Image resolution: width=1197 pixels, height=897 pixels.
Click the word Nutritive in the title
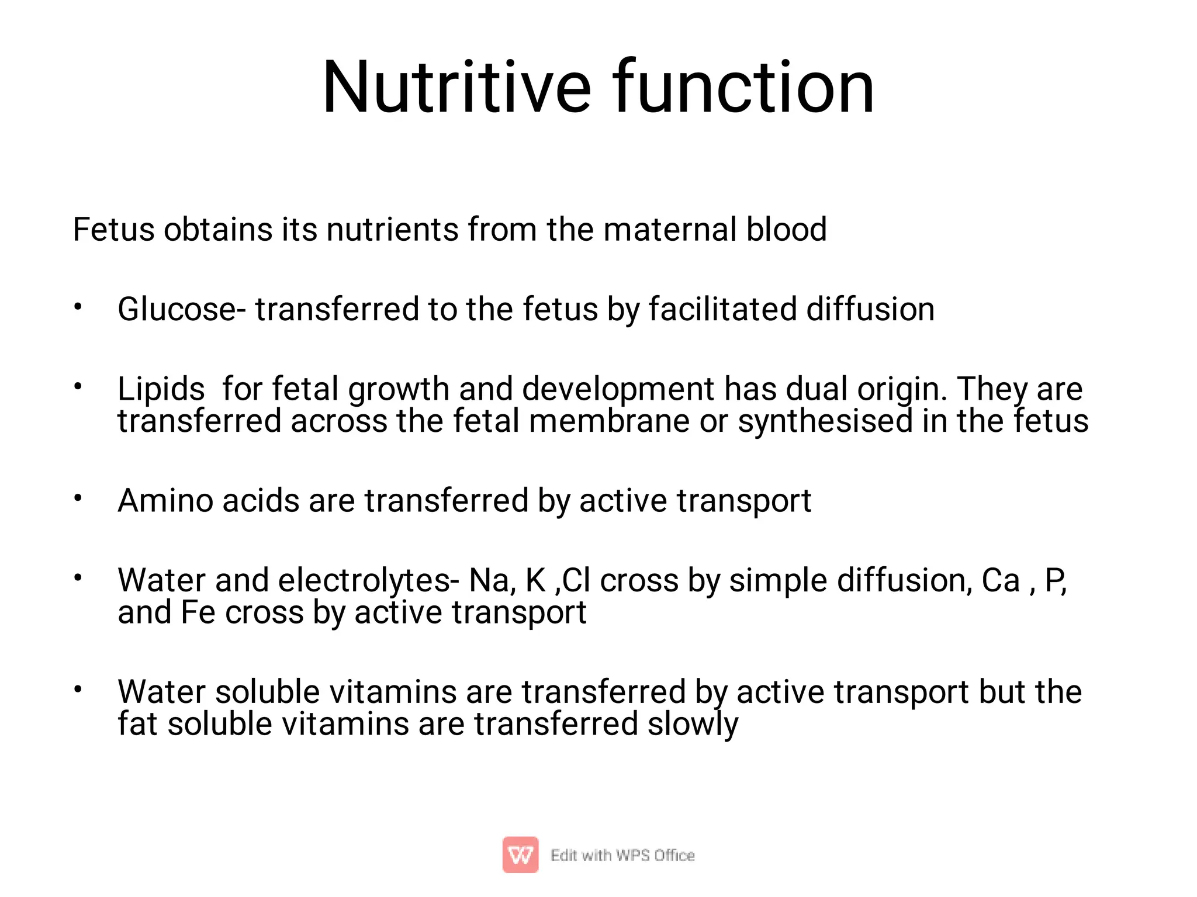456,88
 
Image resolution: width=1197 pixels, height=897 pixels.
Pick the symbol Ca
1000,581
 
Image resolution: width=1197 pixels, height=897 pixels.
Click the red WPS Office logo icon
520,855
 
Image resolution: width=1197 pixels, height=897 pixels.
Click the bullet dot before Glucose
78,307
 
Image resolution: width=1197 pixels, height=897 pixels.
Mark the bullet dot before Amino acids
78,498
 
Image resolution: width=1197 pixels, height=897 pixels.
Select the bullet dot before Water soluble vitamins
78,690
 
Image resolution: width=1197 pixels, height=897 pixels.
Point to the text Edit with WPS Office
622,856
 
